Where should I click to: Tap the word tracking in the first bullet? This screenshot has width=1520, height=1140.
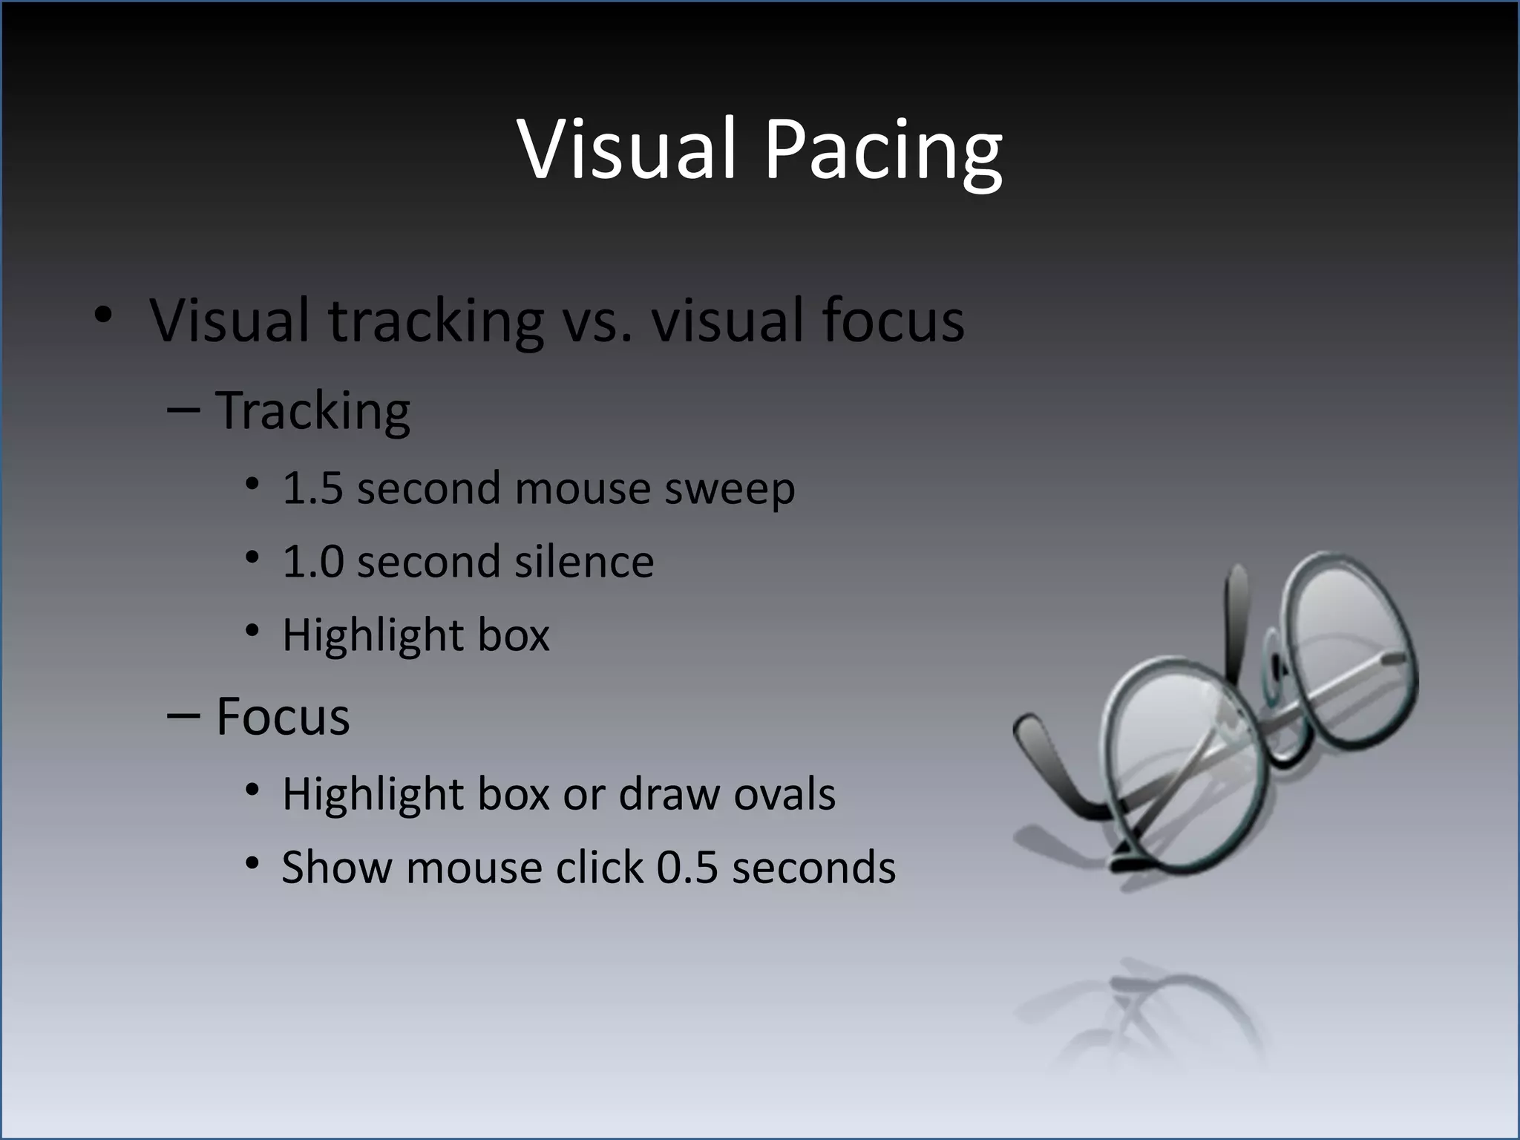pyautogui.click(x=436, y=321)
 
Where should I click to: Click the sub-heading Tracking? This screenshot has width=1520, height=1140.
pyautogui.click(x=312, y=411)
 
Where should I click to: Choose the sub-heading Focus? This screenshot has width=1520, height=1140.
pyautogui.click(x=283, y=717)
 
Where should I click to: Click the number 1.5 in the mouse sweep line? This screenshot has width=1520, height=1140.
pyautogui.click(x=312, y=489)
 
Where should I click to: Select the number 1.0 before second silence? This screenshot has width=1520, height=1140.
pyautogui.click(x=312, y=562)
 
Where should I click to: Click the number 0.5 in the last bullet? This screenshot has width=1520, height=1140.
pyautogui.click(x=687, y=868)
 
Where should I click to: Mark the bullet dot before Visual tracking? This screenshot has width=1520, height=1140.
pyautogui.click(x=103, y=315)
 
